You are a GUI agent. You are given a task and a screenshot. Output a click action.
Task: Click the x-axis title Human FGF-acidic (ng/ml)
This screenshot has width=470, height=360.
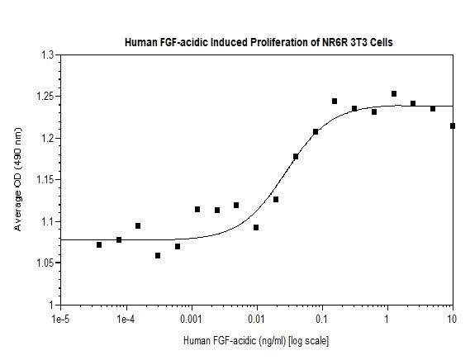coord(257,339)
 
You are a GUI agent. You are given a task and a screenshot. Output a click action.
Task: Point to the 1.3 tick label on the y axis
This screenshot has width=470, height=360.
coord(47,55)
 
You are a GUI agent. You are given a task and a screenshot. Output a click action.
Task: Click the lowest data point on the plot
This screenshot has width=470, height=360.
coord(158,255)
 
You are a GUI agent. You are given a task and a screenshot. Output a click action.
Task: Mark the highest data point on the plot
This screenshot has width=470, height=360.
coord(394,94)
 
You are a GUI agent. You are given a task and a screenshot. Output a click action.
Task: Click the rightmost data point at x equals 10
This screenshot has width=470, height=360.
coord(453,126)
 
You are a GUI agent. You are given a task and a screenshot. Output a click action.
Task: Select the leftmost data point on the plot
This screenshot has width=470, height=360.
coord(99,244)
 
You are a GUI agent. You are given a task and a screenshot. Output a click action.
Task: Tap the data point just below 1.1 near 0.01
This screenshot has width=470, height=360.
coord(256,227)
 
